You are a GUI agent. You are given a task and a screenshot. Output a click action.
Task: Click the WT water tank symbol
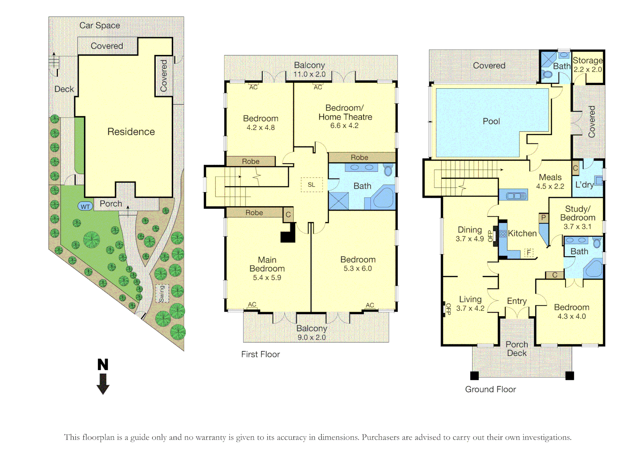pos(85,206)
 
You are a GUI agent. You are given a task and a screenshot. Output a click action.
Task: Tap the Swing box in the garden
pos(162,293)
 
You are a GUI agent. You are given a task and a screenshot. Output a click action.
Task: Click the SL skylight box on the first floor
pos(311,185)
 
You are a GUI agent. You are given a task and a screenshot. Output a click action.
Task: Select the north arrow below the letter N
pos(103,384)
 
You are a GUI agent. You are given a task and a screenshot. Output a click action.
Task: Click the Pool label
pos(491,121)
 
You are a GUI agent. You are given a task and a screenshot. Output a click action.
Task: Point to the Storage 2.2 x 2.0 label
pos(587,65)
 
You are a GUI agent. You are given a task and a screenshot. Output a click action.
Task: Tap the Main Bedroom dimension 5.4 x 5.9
pos(267,277)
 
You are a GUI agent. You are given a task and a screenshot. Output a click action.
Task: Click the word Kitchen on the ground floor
pos(522,233)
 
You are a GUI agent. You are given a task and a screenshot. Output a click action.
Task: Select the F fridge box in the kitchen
pos(529,252)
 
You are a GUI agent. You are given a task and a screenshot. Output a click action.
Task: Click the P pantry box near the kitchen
pos(543,217)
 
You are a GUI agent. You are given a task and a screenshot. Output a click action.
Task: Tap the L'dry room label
pos(584,185)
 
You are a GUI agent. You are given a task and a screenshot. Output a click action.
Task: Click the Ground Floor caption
pos(490,389)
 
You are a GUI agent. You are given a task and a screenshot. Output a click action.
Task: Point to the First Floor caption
pos(261,354)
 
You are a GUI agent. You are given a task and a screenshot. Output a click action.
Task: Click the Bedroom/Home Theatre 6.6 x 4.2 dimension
pos(344,125)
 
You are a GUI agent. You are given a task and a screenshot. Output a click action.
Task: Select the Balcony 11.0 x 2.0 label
pos(309,70)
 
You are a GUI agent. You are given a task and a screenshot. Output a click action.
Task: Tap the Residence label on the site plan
pos(131,132)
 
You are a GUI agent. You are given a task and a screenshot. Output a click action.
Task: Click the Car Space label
pos(99,25)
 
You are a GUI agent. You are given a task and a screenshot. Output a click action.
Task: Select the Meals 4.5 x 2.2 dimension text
pos(550,186)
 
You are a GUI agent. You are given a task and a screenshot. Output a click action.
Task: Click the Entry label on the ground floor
pos(517,301)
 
